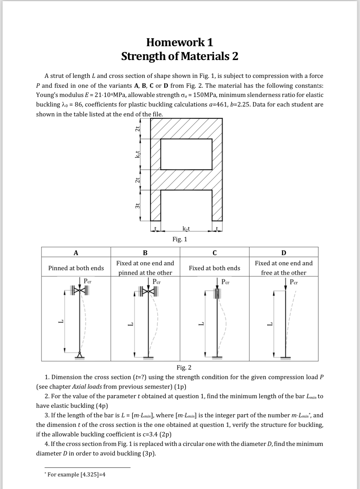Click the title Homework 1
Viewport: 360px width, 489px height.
pyautogui.click(x=180, y=42)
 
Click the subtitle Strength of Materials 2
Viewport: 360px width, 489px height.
pyautogui.click(x=180, y=56)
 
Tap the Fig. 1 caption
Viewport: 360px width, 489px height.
pyautogui.click(x=180, y=239)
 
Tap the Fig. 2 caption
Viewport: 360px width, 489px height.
pyautogui.click(x=184, y=367)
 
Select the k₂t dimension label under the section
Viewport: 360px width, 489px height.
pyautogui.click(x=186, y=228)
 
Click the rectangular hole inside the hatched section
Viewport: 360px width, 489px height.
pyautogui.click(x=186, y=154)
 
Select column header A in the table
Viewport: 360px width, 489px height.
pyautogui.click(x=76, y=253)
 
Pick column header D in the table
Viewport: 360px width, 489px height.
pyautogui.click(x=283, y=253)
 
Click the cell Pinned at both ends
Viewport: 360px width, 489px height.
pyautogui.click(x=76, y=268)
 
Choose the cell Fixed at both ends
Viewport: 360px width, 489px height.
pyautogui.click(x=214, y=268)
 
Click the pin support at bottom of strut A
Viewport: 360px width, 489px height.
pyautogui.click(x=80, y=355)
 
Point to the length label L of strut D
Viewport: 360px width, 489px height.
pyautogui.click(x=270, y=323)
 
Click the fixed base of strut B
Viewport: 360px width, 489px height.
pyautogui.click(x=151, y=358)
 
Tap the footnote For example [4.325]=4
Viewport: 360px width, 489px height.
pyautogui.click(x=77, y=474)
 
